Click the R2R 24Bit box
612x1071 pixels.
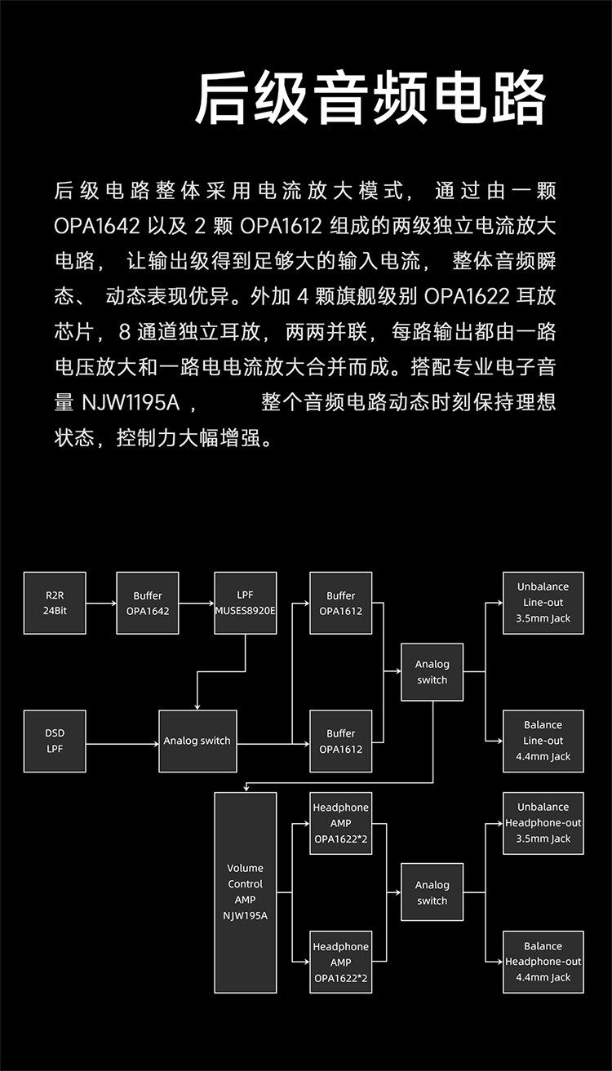[55, 604]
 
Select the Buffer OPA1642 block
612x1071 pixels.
[148, 604]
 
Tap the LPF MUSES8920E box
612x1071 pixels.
[246, 604]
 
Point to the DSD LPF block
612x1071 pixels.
[55, 741]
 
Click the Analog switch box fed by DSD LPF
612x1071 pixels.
[197, 741]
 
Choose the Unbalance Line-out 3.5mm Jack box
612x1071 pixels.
[543, 603]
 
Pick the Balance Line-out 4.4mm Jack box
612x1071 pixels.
[543, 741]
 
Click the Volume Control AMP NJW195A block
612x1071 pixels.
[246, 892]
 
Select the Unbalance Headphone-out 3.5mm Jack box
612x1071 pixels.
[543, 823]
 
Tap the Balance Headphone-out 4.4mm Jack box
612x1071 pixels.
[543, 962]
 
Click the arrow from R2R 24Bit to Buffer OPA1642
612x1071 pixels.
[101, 604]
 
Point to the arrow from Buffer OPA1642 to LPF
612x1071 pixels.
[197, 604]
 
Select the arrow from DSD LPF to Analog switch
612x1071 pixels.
[122, 744]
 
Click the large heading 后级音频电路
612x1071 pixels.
[370, 99]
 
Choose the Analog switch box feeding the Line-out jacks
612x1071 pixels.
[432, 672]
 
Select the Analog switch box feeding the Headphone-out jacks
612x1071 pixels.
[432, 892]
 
